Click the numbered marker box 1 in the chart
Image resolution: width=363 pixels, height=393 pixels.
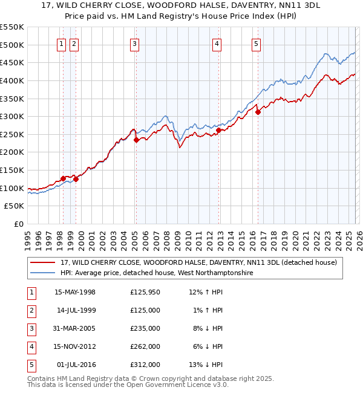pyautogui.click(x=62, y=44)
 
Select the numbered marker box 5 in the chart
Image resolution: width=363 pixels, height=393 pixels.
pyautogui.click(x=257, y=44)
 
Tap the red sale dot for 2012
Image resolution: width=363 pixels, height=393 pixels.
pyautogui.click(x=218, y=129)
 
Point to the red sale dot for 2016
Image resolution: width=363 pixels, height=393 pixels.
pyautogui.click(x=258, y=112)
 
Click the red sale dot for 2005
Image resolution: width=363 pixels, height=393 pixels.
pyautogui.click(x=136, y=140)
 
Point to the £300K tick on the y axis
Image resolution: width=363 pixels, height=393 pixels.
pyautogui.click(x=11, y=116)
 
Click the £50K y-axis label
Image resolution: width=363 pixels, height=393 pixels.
pyautogui.click(x=14, y=206)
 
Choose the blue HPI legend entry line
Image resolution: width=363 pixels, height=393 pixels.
pyautogui.click(x=44, y=273)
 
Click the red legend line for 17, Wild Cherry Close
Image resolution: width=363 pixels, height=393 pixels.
pyautogui.click(x=44, y=262)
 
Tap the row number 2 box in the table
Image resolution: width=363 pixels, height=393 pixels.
pyautogui.click(x=30, y=310)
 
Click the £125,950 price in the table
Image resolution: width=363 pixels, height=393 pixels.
pyautogui.click(x=145, y=292)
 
